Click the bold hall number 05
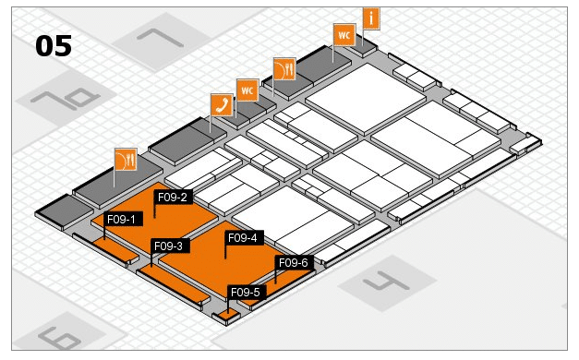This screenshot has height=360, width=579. coord(54,46)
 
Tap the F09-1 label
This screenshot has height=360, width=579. coord(122,220)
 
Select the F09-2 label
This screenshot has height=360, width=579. coord(173,198)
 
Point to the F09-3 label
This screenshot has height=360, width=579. coord(169,246)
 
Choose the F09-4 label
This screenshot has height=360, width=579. coord(243,238)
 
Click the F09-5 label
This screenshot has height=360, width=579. coord(246,293)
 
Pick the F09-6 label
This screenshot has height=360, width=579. coord(294,262)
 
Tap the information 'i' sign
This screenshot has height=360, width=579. coord(371,18)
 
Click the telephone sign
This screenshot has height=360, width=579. coord(222,104)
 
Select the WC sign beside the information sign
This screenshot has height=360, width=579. coord(344,35)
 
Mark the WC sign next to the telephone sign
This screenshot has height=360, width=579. coord(247,90)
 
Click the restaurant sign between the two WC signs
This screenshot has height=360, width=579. coord(284,68)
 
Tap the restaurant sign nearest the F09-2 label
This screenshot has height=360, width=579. coord(126,160)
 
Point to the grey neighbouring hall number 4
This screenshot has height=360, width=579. coord(386,282)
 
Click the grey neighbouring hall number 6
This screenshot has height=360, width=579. coord(59,338)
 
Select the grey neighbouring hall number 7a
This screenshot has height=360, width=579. coord(66,98)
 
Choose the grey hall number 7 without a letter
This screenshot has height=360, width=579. coord(161,38)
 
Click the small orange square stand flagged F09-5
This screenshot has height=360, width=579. coord(228,316)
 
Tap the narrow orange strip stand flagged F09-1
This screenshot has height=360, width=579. coord(115,249)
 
